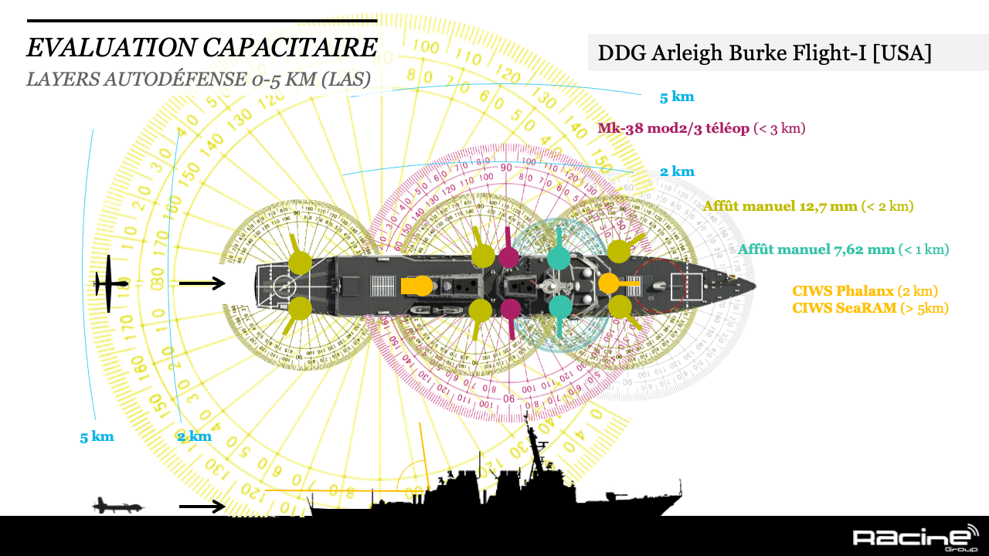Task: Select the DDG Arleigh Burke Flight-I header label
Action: tap(764, 53)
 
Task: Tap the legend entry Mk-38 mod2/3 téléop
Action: tap(673, 128)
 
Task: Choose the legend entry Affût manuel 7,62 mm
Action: tap(816, 249)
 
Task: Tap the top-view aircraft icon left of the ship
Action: tap(110, 283)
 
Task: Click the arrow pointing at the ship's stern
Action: tap(202, 283)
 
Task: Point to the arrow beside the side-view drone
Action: tap(202, 507)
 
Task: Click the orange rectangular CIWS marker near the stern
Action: tap(416, 285)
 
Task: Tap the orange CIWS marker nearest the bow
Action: tap(610, 283)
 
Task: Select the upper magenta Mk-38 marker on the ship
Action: tap(508, 256)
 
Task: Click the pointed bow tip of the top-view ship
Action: tap(754, 284)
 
